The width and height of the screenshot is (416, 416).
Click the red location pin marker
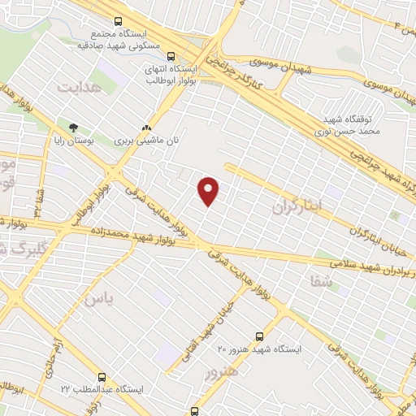pos(210,191)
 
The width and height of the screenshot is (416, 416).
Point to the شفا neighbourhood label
pos(322,282)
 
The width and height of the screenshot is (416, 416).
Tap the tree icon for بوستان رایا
pos(74,128)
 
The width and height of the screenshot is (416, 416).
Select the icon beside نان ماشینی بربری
pos(146,128)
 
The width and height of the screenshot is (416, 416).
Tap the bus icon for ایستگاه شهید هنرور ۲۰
pos(259,336)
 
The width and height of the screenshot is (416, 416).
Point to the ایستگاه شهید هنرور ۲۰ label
pos(259,349)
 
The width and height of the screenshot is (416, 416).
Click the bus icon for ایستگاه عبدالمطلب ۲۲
pos(102,377)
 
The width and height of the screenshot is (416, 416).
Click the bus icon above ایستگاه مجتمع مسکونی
pos(119,22)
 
